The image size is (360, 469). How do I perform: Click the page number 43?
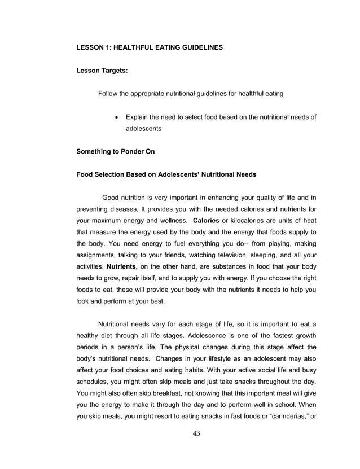[196, 433]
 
